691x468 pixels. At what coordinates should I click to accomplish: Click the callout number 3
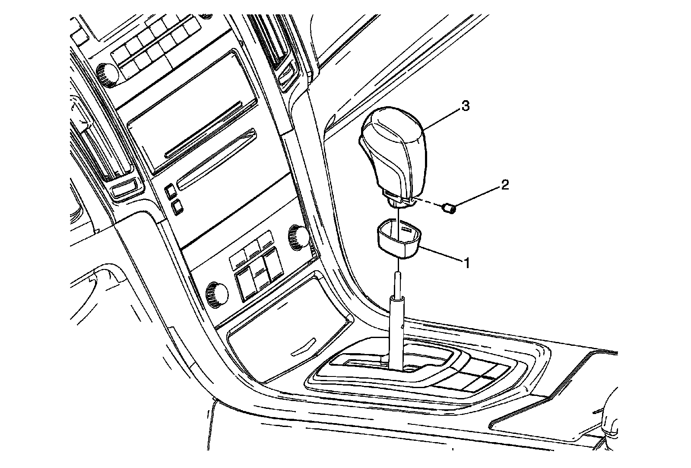(465, 106)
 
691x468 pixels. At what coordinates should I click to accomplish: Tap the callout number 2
(505, 185)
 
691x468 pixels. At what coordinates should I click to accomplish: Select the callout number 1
(466, 262)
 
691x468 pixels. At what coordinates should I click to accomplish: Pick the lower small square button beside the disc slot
(176, 207)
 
